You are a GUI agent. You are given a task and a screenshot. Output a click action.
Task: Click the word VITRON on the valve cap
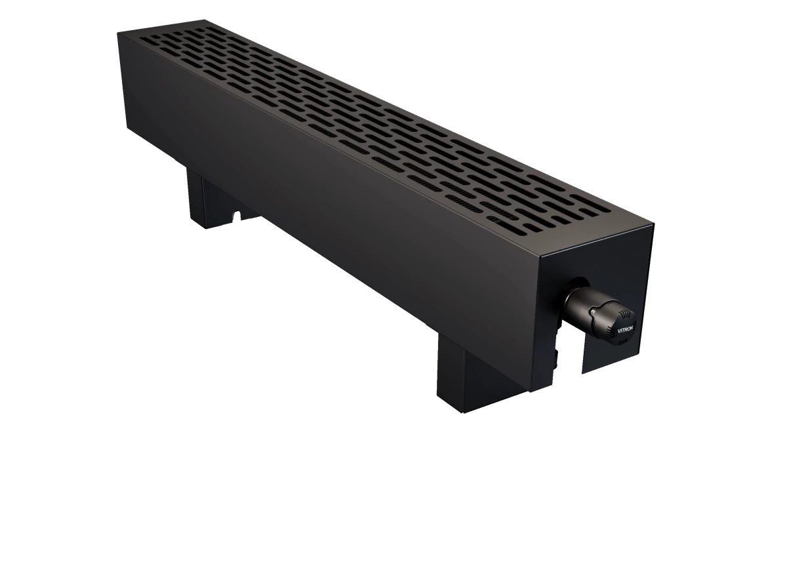click(x=624, y=329)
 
